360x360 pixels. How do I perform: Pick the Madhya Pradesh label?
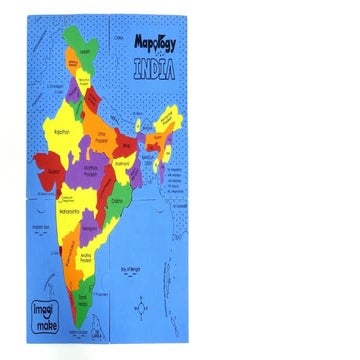(x=96, y=171)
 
